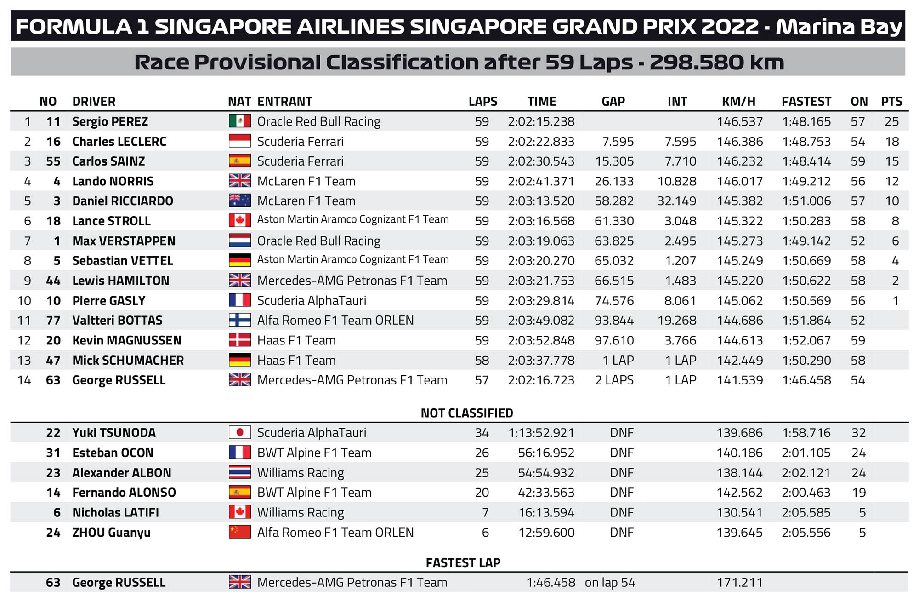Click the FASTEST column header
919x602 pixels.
pyautogui.click(x=806, y=101)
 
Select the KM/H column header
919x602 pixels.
pyautogui.click(x=738, y=101)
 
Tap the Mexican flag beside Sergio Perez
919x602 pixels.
pyautogui.click(x=240, y=121)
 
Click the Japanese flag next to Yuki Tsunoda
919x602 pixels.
pyautogui.click(x=240, y=432)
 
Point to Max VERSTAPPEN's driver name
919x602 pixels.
pyautogui.click(x=124, y=241)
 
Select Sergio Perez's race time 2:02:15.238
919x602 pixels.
pyautogui.click(x=541, y=121)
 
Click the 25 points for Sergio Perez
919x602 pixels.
pyautogui.click(x=892, y=121)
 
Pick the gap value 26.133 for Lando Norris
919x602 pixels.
pyautogui.click(x=614, y=181)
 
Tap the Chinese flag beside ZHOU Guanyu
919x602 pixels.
pyautogui.click(x=240, y=532)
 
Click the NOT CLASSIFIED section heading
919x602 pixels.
pyautogui.click(x=467, y=413)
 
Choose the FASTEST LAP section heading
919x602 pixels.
pyautogui.click(x=463, y=562)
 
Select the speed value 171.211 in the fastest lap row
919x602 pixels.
pyautogui.click(x=739, y=583)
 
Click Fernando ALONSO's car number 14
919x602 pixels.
pyautogui.click(x=53, y=493)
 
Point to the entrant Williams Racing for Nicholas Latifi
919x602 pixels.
pyautogui.click(x=301, y=512)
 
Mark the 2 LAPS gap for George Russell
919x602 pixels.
pyautogui.click(x=614, y=380)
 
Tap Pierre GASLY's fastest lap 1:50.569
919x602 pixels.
pyautogui.click(x=806, y=301)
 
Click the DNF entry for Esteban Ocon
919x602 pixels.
pyautogui.click(x=622, y=453)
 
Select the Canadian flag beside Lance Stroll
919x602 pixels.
pyautogui.click(x=240, y=220)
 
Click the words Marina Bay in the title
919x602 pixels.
pyautogui.click(x=839, y=26)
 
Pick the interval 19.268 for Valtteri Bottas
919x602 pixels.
pyautogui.click(x=677, y=321)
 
